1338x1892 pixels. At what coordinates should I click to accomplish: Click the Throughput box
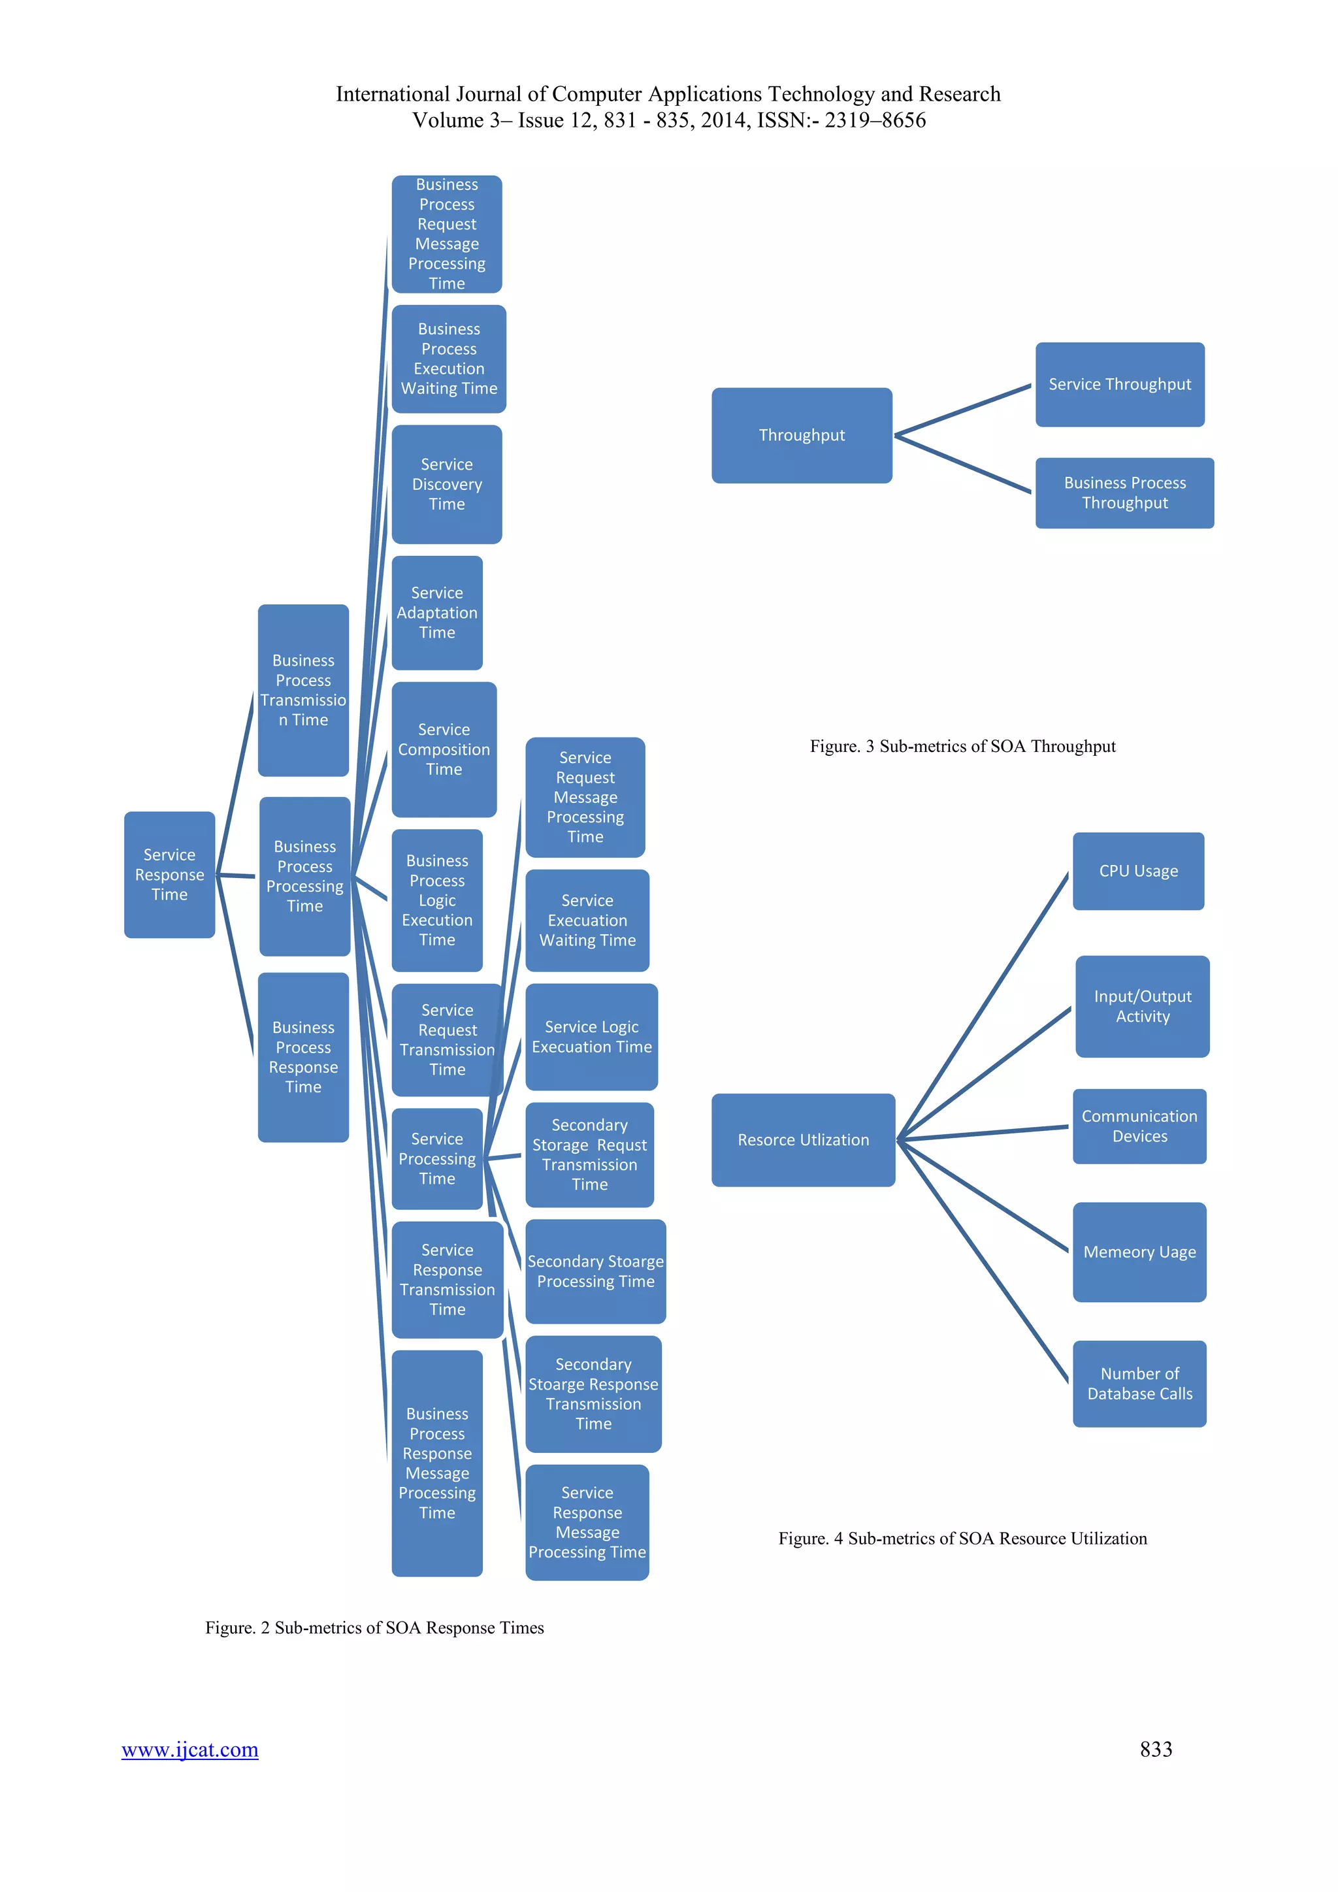pyautogui.click(x=801, y=435)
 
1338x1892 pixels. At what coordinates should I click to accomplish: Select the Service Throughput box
pyautogui.click(x=1119, y=385)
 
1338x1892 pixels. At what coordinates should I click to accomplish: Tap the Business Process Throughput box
pyautogui.click(x=1124, y=493)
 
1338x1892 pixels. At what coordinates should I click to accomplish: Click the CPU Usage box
pyautogui.click(x=1138, y=871)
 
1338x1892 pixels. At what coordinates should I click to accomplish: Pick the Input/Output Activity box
pyautogui.click(x=1142, y=1006)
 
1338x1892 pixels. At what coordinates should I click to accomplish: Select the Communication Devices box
pyautogui.click(x=1139, y=1126)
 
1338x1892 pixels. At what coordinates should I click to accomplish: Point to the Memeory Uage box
pyautogui.click(x=1139, y=1252)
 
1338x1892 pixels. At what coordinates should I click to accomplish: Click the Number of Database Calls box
pyautogui.click(x=1139, y=1384)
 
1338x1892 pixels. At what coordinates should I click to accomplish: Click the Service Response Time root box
pyautogui.click(x=170, y=874)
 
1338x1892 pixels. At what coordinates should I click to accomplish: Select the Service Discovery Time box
pyautogui.click(x=447, y=485)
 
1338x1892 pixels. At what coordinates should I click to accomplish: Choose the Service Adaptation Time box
pyautogui.click(x=436, y=612)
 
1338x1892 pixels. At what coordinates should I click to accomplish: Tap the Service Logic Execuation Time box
pyautogui.click(x=591, y=1037)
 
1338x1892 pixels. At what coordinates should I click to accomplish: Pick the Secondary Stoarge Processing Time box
pyautogui.click(x=595, y=1271)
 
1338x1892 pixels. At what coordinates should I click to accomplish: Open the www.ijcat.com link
pyautogui.click(x=189, y=1749)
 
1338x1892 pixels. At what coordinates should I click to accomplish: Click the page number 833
pyautogui.click(x=1155, y=1749)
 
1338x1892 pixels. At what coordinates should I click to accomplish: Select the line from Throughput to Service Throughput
pyautogui.click(x=962, y=410)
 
